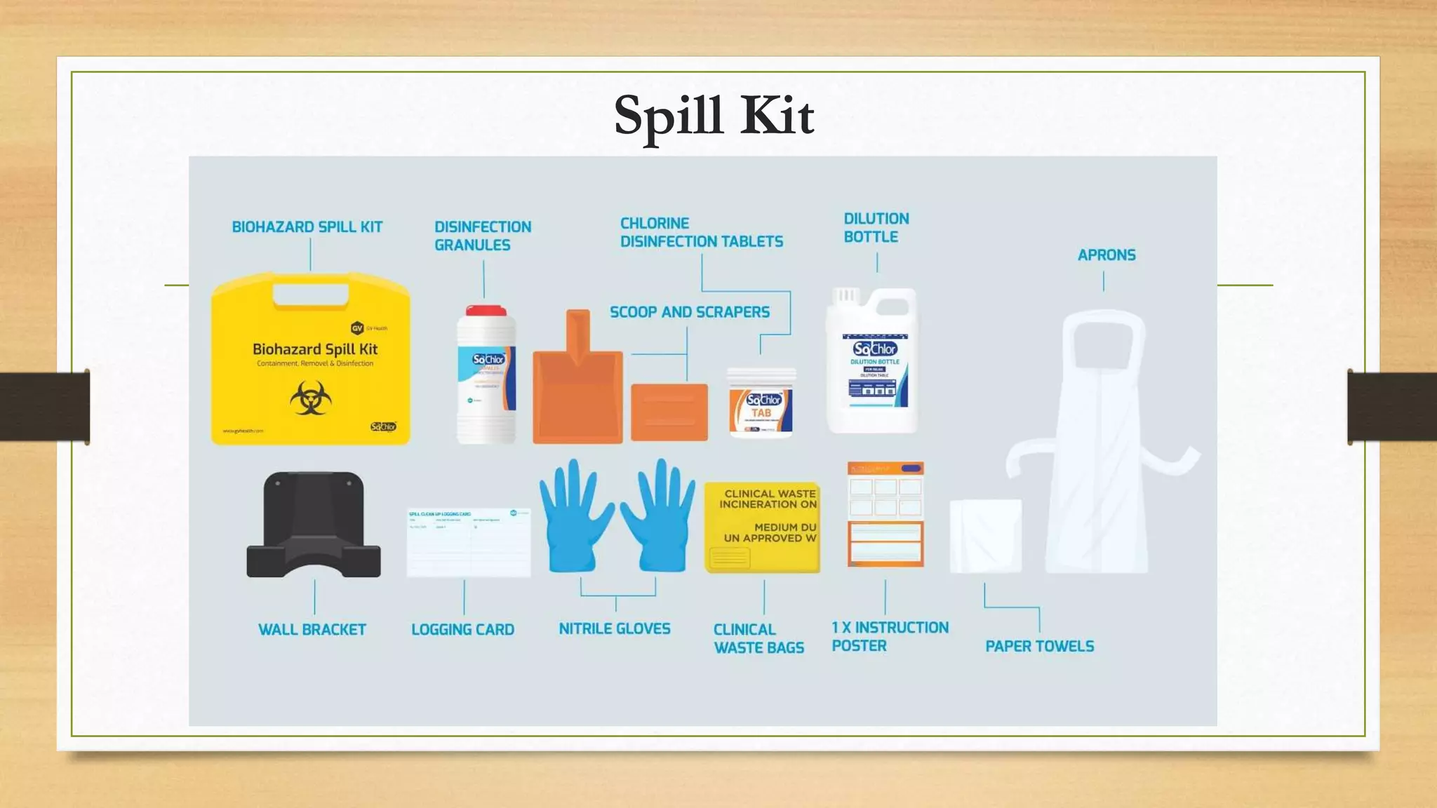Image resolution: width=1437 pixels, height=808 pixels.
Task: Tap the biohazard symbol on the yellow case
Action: [310, 398]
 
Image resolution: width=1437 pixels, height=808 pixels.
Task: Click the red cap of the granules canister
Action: [486, 311]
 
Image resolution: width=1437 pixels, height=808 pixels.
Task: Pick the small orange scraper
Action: [669, 412]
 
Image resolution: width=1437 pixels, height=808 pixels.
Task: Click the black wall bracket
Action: [313, 525]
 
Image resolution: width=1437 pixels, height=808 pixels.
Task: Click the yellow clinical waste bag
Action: [762, 527]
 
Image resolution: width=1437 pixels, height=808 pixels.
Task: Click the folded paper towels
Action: [985, 536]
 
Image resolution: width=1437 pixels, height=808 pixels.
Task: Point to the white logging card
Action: [469, 542]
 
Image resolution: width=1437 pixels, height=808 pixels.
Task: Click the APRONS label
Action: [1107, 255]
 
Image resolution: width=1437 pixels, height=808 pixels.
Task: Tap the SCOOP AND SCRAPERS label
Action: [689, 312]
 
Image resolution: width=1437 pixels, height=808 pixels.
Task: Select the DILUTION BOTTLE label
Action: [876, 228]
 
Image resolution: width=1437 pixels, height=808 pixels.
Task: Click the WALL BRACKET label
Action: [312, 630]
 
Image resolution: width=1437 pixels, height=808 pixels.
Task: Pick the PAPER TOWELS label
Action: [1039, 646]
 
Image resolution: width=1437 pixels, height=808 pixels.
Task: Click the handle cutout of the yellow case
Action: [310, 295]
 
